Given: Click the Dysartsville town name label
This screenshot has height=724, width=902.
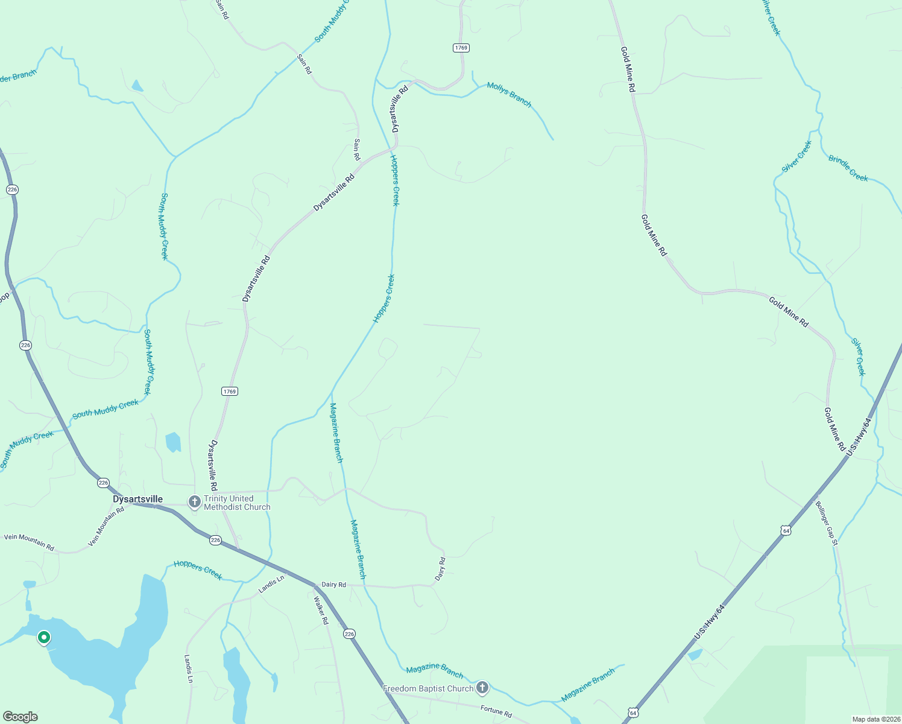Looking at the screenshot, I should pyautogui.click(x=137, y=499).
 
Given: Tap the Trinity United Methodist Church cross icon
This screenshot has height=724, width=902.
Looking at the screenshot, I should pyautogui.click(x=194, y=502).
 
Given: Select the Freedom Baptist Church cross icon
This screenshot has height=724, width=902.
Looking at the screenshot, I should pyautogui.click(x=482, y=687).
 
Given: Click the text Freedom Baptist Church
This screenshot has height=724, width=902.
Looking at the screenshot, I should pyautogui.click(x=428, y=688).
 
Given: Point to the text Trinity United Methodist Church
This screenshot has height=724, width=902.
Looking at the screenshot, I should pyautogui.click(x=237, y=503).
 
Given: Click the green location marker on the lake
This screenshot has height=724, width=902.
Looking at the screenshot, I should pyautogui.click(x=43, y=637).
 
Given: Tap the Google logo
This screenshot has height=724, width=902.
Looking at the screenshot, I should pyautogui.click(x=20, y=717).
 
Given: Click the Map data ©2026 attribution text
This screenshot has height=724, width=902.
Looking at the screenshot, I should pyautogui.click(x=875, y=719).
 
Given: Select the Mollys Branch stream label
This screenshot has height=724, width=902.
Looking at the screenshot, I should pyautogui.click(x=509, y=95).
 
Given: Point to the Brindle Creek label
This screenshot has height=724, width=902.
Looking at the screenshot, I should pyautogui.click(x=848, y=168).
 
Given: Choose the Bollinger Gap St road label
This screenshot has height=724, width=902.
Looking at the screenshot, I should pyautogui.click(x=827, y=523).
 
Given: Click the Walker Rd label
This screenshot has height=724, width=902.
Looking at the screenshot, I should pyautogui.click(x=321, y=610).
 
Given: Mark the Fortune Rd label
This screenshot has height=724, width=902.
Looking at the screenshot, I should pyautogui.click(x=496, y=711).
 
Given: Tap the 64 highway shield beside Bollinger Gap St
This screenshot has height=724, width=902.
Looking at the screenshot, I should pyautogui.click(x=785, y=530).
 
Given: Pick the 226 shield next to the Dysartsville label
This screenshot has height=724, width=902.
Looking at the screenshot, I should pyautogui.click(x=103, y=483).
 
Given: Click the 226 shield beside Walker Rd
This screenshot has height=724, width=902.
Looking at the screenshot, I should pyautogui.click(x=349, y=634).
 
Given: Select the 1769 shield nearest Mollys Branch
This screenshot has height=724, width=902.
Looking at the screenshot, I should pyautogui.click(x=461, y=48).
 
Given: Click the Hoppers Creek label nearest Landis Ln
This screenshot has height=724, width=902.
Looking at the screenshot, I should pyautogui.click(x=198, y=570).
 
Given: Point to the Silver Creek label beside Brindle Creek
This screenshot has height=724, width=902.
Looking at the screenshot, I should pyautogui.click(x=797, y=157).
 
